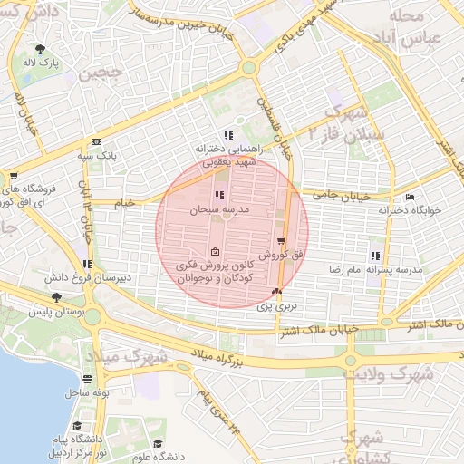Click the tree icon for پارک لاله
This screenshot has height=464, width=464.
40,49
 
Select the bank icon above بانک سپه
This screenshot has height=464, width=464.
97,141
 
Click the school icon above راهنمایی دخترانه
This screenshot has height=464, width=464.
227,135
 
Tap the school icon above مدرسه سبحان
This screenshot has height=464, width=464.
218,195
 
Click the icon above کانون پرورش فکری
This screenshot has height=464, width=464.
215,251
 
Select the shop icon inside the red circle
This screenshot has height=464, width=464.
281,241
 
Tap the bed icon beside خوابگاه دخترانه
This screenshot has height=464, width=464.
410,197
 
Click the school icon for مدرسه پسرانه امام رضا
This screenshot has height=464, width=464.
375,256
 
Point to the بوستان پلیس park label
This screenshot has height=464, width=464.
56,312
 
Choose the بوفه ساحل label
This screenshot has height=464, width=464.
87,393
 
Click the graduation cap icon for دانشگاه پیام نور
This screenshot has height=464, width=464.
78,425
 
